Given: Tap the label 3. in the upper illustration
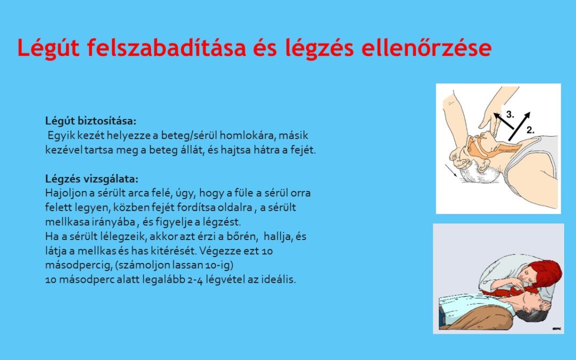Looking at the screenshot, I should click(x=510, y=114).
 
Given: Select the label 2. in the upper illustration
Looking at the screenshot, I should click(x=531, y=129).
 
